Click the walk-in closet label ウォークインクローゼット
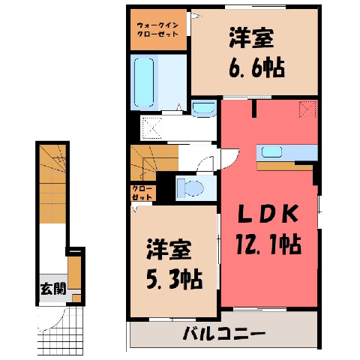tap(158, 29)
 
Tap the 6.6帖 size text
tap(256, 67)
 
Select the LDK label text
tap(268, 214)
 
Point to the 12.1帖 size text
tap(268, 244)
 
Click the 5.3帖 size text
tap(174, 279)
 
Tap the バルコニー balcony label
tap(223, 333)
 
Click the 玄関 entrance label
tap(53, 289)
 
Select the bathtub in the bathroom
tap(144, 82)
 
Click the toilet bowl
tap(190, 187)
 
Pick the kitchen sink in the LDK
tap(271, 152)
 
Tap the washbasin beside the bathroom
tap(204, 108)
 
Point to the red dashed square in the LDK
tap(307, 109)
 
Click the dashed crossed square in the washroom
tap(152, 127)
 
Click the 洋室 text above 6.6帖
tap(252, 39)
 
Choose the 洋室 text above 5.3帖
tap(169, 250)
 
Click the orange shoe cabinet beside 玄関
tap(74, 272)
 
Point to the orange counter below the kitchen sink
tap(285, 166)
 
